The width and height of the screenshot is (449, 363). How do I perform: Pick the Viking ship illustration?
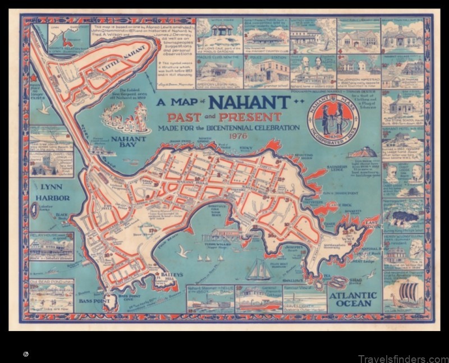403,293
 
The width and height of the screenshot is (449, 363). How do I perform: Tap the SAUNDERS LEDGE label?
338,168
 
